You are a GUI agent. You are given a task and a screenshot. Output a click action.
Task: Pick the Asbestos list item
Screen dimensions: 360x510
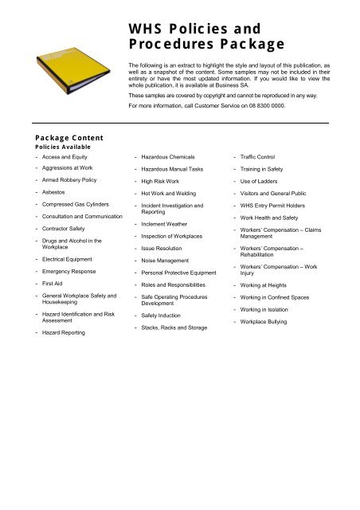pos(48,193)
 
